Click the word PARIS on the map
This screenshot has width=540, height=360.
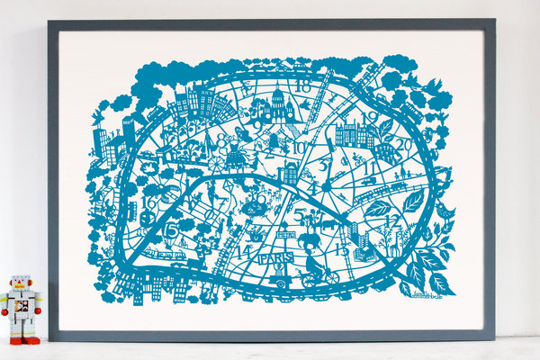[x=274, y=258]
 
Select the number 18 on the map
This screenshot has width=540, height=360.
[x=303, y=86]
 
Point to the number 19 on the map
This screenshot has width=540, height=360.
[x=369, y=117]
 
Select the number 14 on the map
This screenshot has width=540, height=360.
[x=241, y=251]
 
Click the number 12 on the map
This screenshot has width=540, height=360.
[x=390, y=219]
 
